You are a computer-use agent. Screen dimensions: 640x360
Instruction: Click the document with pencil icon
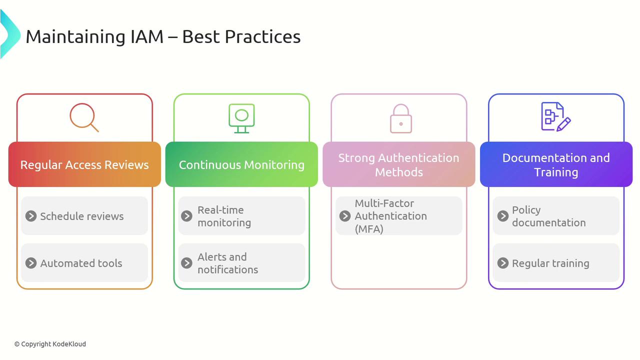coord(555,116)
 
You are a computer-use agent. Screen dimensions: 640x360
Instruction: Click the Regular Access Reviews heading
coord(84,165)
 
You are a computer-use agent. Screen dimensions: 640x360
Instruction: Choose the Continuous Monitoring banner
coord(241,165)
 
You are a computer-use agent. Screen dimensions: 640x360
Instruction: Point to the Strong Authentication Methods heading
coord(399,165)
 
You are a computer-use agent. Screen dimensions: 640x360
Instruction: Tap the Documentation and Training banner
coord(556,165)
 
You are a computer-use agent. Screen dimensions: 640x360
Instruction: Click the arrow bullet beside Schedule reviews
coord(31,216)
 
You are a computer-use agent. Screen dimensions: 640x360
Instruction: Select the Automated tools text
coord(81,263)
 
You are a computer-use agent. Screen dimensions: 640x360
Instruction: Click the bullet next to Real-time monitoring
coord(186,216)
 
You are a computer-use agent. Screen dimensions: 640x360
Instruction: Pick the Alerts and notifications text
coord(227,263)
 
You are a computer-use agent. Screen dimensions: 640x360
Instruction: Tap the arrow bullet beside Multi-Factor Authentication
coord(345,216)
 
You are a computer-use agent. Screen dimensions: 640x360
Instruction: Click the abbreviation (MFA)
coord(369,229)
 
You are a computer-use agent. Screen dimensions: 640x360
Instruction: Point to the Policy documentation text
coord(549,216)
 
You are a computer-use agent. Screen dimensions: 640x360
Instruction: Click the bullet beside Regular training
coord(503,263)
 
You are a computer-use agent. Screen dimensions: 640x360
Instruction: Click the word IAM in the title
coord(146,36)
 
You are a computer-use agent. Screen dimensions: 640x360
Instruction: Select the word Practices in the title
coord(262,36)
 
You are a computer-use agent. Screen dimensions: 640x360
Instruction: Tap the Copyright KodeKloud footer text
coord(50,344)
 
